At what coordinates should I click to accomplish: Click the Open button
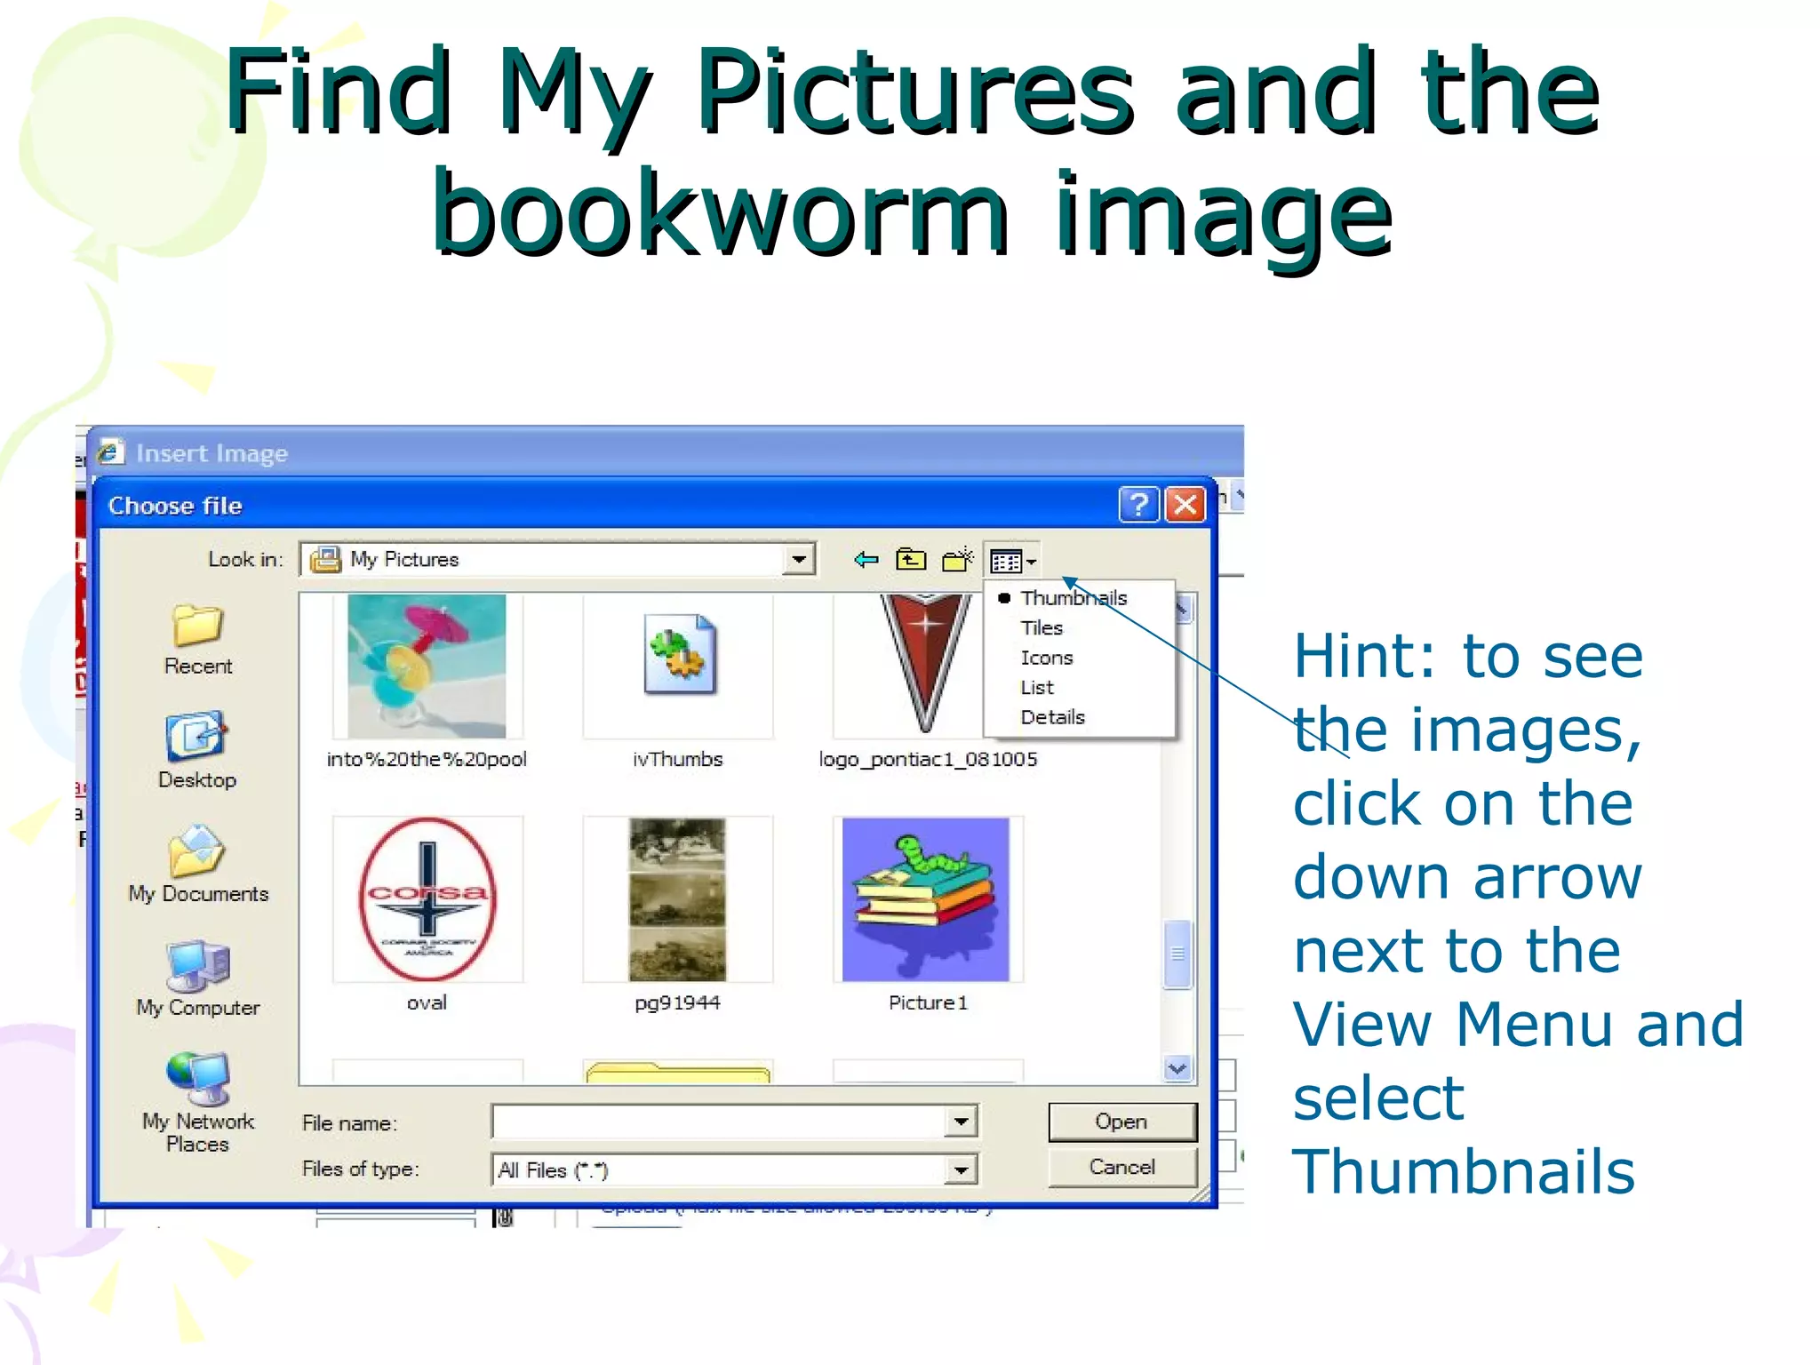tap(1122, 1122)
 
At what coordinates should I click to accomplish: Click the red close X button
tap(1185, 505)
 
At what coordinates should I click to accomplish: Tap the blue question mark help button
tap(1138, 505)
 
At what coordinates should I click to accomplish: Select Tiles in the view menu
tap(1042, 628)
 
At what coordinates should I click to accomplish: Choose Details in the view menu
tap(1052, 717)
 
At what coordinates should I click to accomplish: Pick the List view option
tap(1037, 688)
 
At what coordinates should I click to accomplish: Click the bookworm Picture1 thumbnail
tap(926, 899)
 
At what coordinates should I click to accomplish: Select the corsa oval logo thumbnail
tap(427, 899)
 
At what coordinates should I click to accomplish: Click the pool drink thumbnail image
tap(427, 667)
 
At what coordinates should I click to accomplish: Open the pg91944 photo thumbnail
tap(677, 899)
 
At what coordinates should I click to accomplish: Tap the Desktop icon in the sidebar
tap(196, 737)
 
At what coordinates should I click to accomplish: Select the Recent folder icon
tap(197, 626)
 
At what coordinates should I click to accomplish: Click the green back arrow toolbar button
tap(866, 560)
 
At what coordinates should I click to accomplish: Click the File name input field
tap(720, 1122)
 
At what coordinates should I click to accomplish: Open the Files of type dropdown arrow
tap(961, 1169)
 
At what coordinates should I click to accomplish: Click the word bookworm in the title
tap(720, 213)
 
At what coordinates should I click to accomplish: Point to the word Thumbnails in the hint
tap(1463, 1171)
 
